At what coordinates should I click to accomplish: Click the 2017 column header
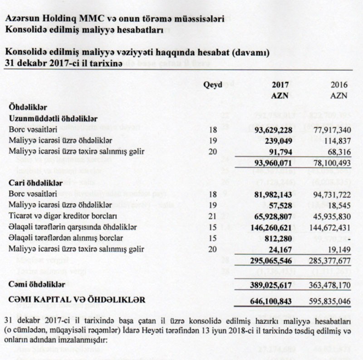tap(280, 85)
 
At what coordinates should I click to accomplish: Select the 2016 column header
tap(339, 85)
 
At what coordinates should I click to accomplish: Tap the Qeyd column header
tap(212, 84)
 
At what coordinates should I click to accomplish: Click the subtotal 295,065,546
tap(270, 260)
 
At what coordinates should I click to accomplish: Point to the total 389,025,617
tap(270, 284)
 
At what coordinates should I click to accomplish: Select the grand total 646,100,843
tap(270, 300)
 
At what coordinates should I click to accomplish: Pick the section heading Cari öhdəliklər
tap(35, 183)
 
